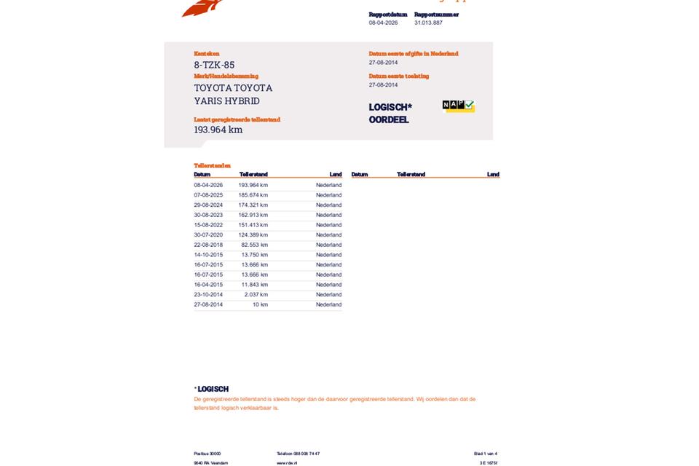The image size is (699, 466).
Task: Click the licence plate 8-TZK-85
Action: tap(214, 65)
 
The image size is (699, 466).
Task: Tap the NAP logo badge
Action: tap(458, 106)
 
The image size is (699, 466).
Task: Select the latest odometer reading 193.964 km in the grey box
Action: tap(218, 130)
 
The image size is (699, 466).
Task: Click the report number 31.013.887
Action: tap(428, 23)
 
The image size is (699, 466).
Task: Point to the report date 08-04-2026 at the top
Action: tap(383, 23)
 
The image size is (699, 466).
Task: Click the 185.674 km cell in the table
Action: tap(253, 195)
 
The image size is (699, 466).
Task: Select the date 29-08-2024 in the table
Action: tap(208, 205)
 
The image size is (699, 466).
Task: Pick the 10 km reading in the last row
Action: tap(260, 304)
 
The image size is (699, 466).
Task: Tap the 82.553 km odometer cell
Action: tap(254, 245)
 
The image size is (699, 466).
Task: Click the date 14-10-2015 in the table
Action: tap(208, 255)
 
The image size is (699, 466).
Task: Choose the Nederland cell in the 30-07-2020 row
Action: tap(328, 235)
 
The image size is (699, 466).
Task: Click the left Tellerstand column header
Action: tap(253, 175)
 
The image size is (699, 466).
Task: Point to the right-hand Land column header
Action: tap(493, 175)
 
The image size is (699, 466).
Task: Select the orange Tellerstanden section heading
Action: tap(212, 166)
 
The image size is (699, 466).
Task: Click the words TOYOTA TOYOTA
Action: tap(233, 88)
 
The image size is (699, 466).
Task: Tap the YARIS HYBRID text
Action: tap(226, 101)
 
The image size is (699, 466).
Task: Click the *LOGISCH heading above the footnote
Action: tap(211, 389)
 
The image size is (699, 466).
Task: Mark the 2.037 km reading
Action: tap(256, 295)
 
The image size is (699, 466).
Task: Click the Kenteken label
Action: tap(206, 54)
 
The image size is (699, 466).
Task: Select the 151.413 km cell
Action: tap(253, 225)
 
